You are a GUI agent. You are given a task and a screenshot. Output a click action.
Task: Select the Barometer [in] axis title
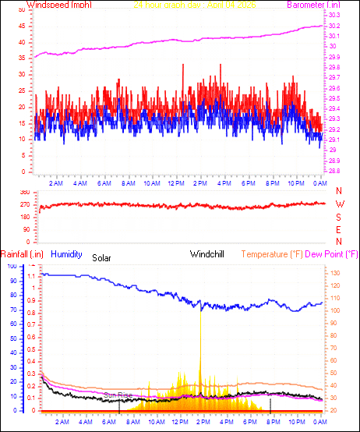(x=330, y=5)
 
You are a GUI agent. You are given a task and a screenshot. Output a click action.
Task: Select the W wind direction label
(x=339, y=204)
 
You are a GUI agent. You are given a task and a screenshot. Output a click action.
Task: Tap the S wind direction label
(x=339, y=217)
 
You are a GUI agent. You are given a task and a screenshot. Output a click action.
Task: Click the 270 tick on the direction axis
(x=24, y=204)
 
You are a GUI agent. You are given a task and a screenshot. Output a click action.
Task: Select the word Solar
(x=102, y=257)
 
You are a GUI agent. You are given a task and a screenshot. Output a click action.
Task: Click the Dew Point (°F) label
(x=332, y=253)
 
